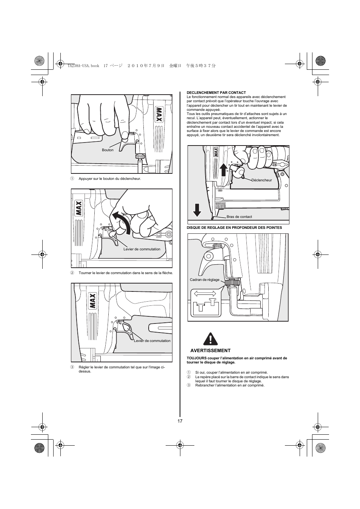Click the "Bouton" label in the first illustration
coord(108,150)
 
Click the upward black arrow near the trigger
coord(224,170)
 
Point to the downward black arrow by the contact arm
coord(197,210)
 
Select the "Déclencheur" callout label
coord(262,180)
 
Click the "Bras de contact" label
coord(239,217)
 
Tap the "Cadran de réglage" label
coord(205,280)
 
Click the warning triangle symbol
coord(210,339)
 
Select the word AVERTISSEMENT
coord(210,351)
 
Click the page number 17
coord(180,421)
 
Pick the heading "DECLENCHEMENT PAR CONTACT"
coord(216,93)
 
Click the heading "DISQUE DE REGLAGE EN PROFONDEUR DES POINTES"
coord(234,228)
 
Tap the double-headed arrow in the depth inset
coord(205,293)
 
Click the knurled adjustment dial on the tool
coord(232,283)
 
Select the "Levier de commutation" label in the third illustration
coord(152,340)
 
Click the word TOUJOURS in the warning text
coord(197,358)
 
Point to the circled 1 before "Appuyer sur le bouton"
coord(72,179)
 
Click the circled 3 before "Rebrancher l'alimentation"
coord(189,385)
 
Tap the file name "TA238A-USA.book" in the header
coord(83,66)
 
